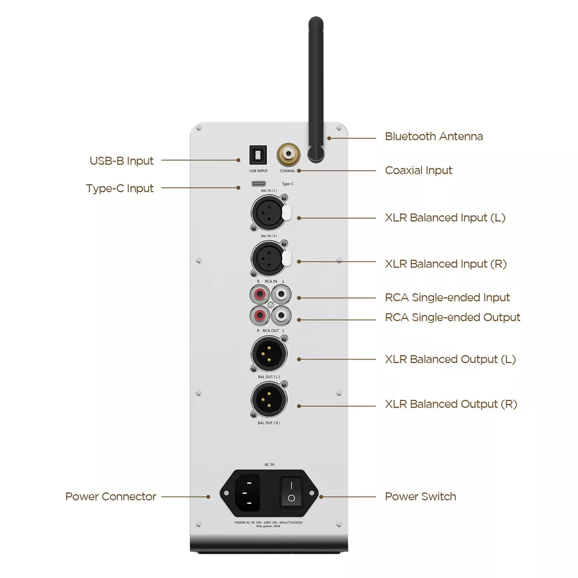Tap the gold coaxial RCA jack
287,154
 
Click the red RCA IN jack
259,295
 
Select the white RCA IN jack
280,295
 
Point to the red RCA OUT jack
259,315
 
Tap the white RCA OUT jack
280,315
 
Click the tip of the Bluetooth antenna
316,22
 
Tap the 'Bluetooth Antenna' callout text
433,137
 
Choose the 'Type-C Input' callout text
120,188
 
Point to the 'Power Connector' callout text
111,497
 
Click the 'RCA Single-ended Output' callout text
452,317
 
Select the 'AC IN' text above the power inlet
269,465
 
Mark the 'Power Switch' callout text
420,497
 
